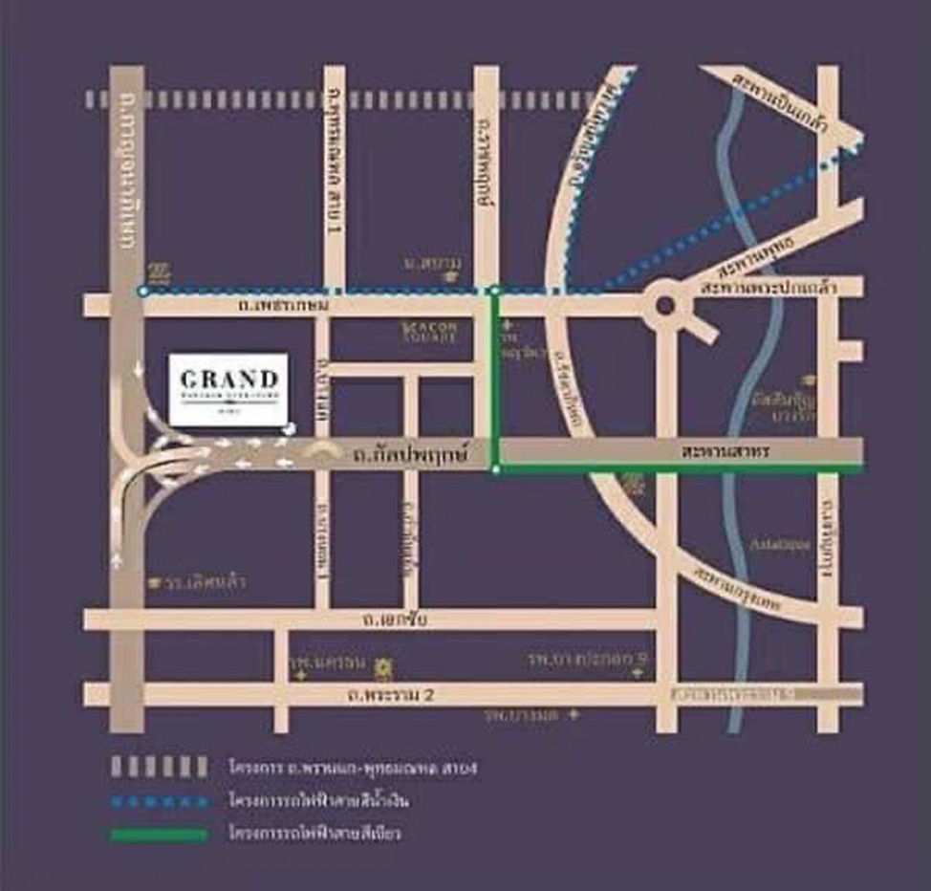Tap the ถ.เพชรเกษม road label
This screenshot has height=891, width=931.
coord(287,306)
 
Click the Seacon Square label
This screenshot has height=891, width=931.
coord(429,332)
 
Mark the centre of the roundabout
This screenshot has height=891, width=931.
coord(665,306)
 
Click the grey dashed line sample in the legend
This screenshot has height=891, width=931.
coord(158,767)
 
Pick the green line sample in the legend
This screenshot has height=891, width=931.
coord(158,834)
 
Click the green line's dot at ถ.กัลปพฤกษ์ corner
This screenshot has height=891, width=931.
coord(495,468)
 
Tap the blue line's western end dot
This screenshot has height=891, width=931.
coord(142,291)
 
